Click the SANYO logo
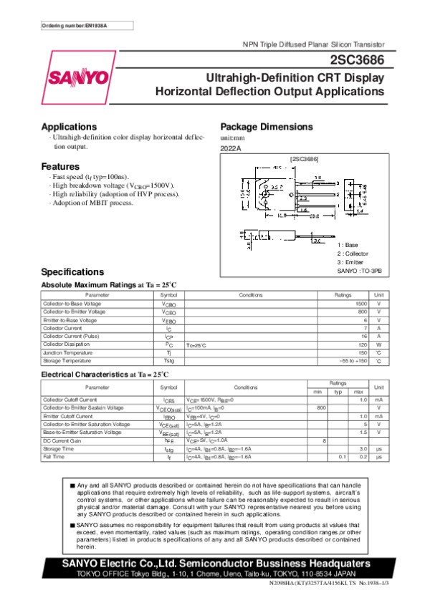pyautogui.click(x=80, y=77)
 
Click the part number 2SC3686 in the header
pyautogui.click(x=358, y=60)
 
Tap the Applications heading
pyautogui.click(x=69, y=127)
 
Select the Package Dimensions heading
pyautogui.click(x=267, y=127)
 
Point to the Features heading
pyautogui.click(x=60, y=167)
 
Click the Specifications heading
pyautogui.click(x=72, y=272)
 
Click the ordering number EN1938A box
pyautogui.click(x=75, y=26)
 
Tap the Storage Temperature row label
pyautogui.click(x=67, y=360)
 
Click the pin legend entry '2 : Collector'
pyautogui.click(x=353, y=254)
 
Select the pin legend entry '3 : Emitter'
pyautogui.click(x=350, y=263)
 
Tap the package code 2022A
pyautogui.click(x=231, y=148)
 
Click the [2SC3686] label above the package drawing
pyautogui.click(x=304, y=158)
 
